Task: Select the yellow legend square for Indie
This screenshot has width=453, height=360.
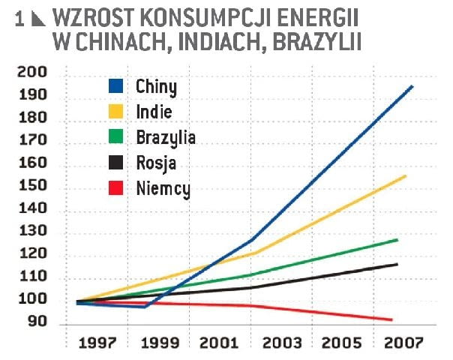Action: pyautogui.click(x=116, y=112)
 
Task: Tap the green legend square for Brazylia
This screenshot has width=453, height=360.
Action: pyautogui.click(x=116, y=138)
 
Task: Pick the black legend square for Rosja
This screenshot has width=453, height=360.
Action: pyautogui.click(x=116, y=163)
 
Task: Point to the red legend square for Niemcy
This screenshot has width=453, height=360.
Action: pyautogui.click(x=116, y=188)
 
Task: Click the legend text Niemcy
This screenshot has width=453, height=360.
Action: pyautogui.click(x=163, y=189)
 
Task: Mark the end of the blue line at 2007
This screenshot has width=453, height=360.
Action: pyautogui.click(x=412, y=86)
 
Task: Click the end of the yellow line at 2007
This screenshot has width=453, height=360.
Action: pyautogui.click(x=406, y=176)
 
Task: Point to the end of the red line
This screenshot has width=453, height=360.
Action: pyautogui.click(x=391, y=319)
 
